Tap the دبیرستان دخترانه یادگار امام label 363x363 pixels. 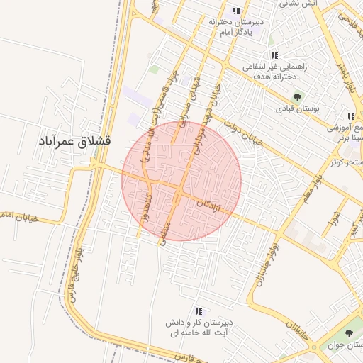236,27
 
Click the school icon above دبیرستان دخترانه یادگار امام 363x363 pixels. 236,11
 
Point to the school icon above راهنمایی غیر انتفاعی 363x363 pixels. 274,55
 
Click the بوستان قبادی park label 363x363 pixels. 298,109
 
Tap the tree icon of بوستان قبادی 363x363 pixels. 296,97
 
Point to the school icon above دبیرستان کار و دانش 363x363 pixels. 199,311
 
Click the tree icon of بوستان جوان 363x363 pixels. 348,333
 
